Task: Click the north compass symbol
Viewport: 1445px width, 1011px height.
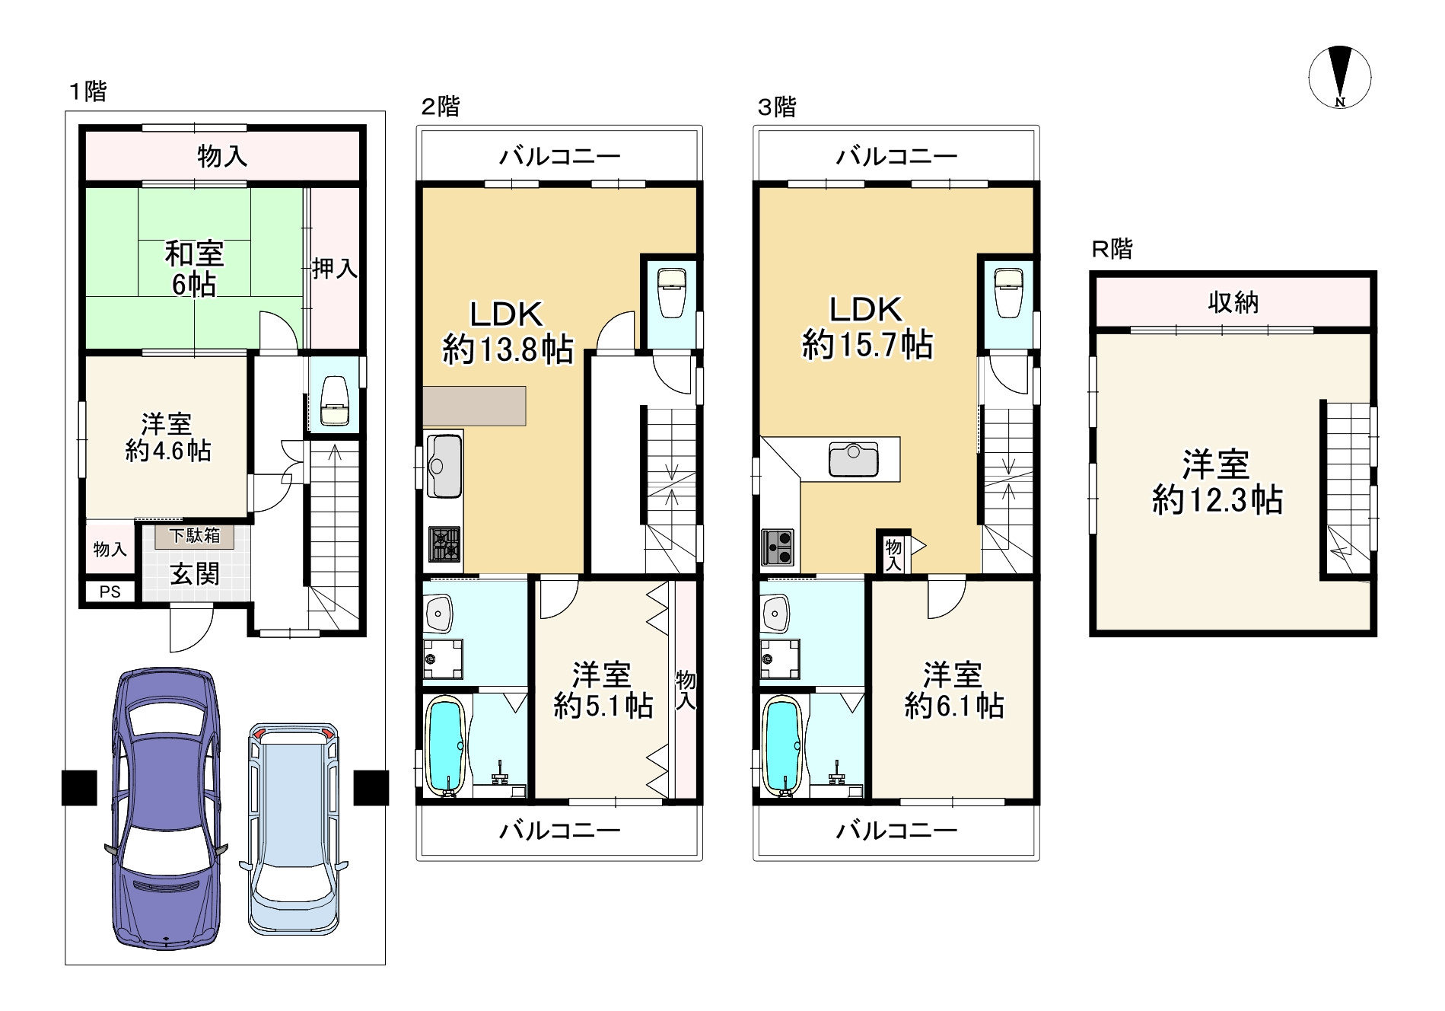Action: click(1340, 78)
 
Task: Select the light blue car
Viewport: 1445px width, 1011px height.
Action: click(294, 828)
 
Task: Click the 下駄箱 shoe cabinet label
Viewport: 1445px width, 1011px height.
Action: click(194, 535)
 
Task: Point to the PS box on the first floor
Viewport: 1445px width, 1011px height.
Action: click(110, 592)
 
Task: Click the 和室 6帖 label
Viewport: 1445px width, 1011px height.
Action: click(194, 269)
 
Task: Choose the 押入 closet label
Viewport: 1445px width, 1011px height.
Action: click(334, 268)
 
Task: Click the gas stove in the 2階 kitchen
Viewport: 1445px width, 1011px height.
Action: click(445, 545)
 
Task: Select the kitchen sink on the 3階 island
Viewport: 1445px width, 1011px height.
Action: click(854, 458)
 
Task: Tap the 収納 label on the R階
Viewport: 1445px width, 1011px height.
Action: click(1233, 302)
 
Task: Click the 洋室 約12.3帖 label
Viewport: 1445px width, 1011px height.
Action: click(1217, 483)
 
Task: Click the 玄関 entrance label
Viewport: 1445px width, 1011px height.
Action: click(194, 574)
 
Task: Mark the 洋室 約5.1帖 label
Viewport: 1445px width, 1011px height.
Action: click(603, 690)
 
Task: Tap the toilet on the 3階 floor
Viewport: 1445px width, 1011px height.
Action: click(1007, 292)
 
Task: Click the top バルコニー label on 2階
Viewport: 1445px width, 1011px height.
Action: click(559, 158)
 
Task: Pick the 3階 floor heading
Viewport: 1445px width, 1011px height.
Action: click(776, 107)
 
